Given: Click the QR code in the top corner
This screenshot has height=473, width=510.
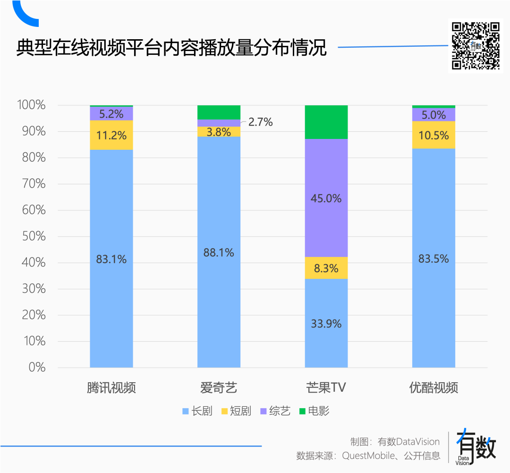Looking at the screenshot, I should (476, 46).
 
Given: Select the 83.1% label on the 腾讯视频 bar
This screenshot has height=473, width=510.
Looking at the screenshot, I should (111, 259).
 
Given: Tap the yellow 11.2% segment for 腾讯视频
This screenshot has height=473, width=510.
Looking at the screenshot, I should (111, 136).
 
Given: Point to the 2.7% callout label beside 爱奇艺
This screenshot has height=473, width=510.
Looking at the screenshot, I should (261, 122).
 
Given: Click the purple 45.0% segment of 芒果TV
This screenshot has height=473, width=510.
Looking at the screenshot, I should (326, 198).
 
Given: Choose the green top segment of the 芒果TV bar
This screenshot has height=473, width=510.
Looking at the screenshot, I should (326, 122).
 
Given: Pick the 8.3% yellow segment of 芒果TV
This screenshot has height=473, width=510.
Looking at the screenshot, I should (326, 268).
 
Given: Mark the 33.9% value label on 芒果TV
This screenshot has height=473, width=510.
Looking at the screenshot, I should (326, 324).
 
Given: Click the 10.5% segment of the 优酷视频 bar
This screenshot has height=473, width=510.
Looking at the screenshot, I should (433, 135).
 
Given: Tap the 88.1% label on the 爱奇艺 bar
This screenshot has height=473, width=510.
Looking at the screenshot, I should (219, 253).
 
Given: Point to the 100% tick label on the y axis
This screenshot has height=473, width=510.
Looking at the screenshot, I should (31, 105).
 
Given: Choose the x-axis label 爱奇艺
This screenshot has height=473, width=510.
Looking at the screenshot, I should (219, 388).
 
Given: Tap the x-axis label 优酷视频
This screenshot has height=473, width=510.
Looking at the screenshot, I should (433, 388).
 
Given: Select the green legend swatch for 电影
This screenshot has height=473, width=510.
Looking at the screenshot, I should (302, 412).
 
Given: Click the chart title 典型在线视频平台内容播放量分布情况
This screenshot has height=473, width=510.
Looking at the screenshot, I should (171, 48).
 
